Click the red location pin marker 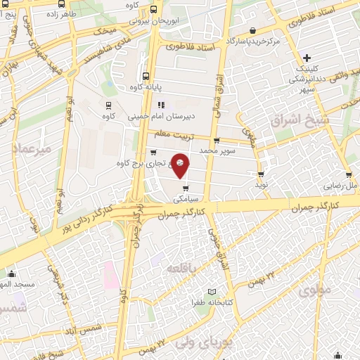181,165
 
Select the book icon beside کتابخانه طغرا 212,292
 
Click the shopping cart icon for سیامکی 185,188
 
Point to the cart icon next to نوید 261,174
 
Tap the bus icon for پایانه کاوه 146,77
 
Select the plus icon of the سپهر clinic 306,58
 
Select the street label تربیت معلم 174,134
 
